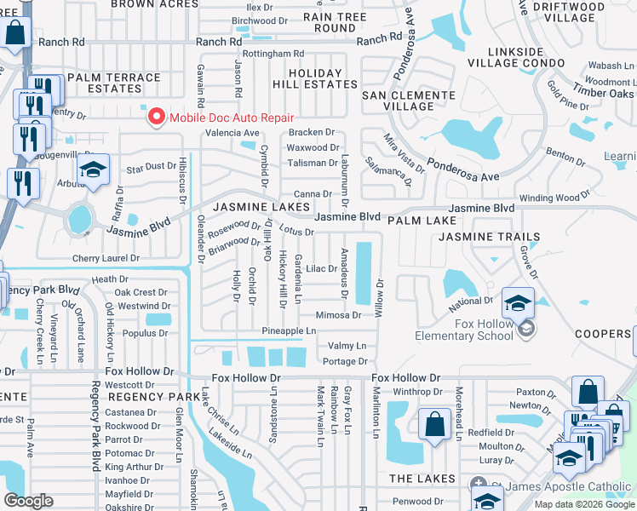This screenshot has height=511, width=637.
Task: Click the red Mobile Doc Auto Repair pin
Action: click(x=156, y=118)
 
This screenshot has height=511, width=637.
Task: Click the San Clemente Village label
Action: click(x=409, y=100)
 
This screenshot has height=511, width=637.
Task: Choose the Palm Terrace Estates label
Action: click(x=113, y=83)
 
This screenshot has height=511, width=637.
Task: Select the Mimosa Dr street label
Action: click(x=339, y=315)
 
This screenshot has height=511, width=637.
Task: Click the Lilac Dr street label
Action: click(x=323, y=268)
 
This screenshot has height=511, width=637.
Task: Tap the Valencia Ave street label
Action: click(x=231, y=133)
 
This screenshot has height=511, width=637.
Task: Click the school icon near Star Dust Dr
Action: click(x=93, y=169)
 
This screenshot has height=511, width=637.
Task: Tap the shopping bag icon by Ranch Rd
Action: click(x=15, y=33)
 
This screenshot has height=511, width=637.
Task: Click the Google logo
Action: click(x=28, y=501)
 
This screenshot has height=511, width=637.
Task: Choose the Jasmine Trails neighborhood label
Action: click(x=490, y=237)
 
